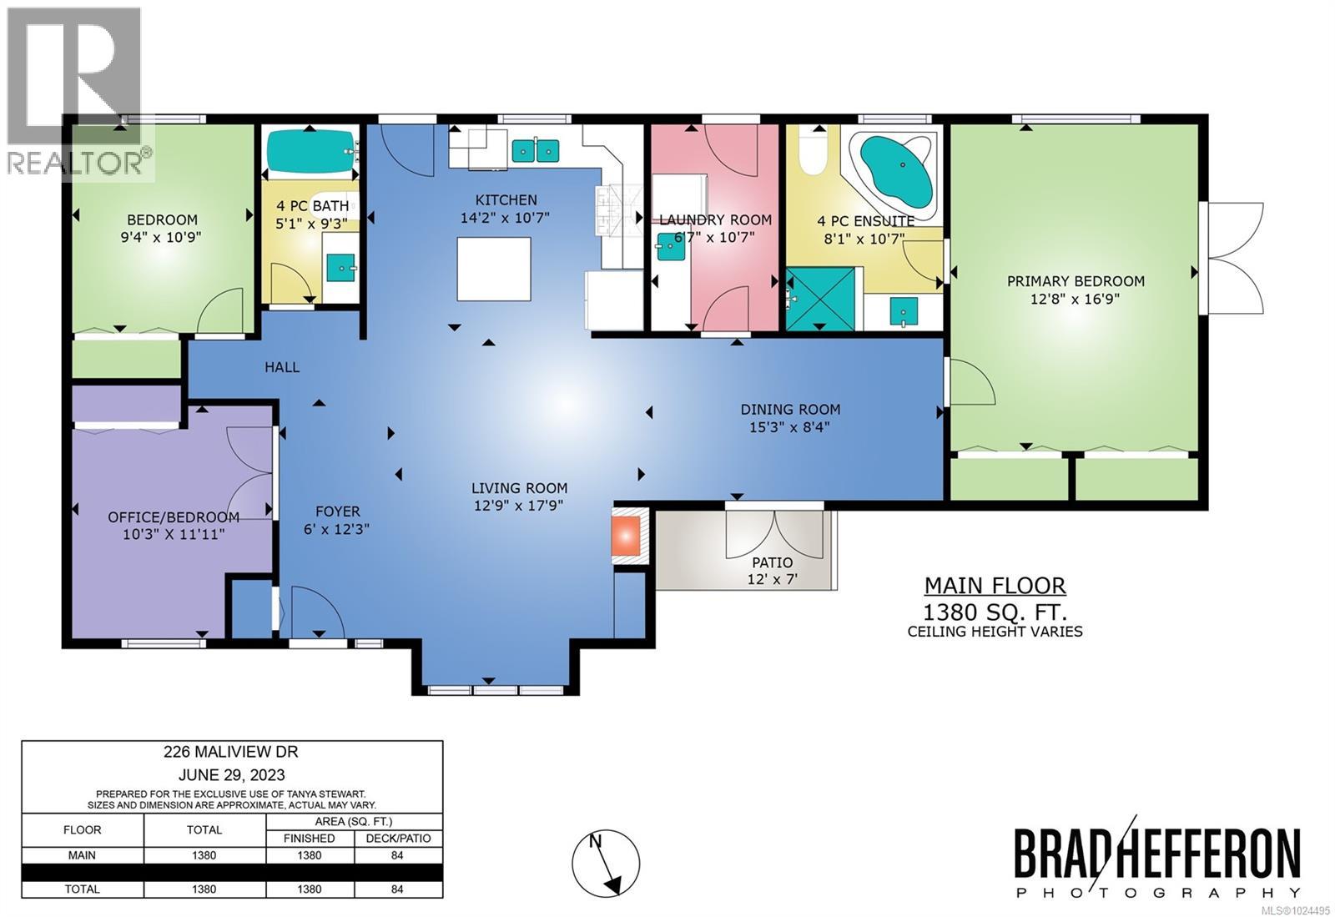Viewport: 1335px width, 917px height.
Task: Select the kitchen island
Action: pyautogui.click(x=493, y=269)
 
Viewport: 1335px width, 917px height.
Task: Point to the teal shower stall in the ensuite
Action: pyautogui.click(x=820, y=299)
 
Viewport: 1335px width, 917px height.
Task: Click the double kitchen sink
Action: pyautogui.click(x=535, y=150)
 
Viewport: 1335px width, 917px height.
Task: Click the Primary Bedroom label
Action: pyautogui.click(x=1075, y=281)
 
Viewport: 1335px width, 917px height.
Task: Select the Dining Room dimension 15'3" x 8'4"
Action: pyautogui.click(x=789, y=427)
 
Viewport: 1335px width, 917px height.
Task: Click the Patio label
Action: pyautogui.click(x=772, y=562)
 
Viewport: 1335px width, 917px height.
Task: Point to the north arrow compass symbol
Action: pyautogui.click(x=606, y=864)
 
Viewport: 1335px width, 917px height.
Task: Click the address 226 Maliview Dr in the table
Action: pyautogui.click(x=231, y=752)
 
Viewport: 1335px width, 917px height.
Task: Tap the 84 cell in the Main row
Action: pyautogui.click(x=397, y=855)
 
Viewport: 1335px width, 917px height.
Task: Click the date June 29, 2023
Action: pyautogui.click(x=231, y=773)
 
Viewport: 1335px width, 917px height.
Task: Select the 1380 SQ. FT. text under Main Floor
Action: pyautogui.click(x=995, y=610)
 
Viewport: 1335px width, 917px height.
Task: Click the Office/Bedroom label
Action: pyautogui.click(x=174, y=517)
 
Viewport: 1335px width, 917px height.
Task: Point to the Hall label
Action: pyautogui.click(x=282, y=367)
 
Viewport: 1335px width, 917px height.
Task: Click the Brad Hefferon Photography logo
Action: pyautogui.click(x=1157, y=863)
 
